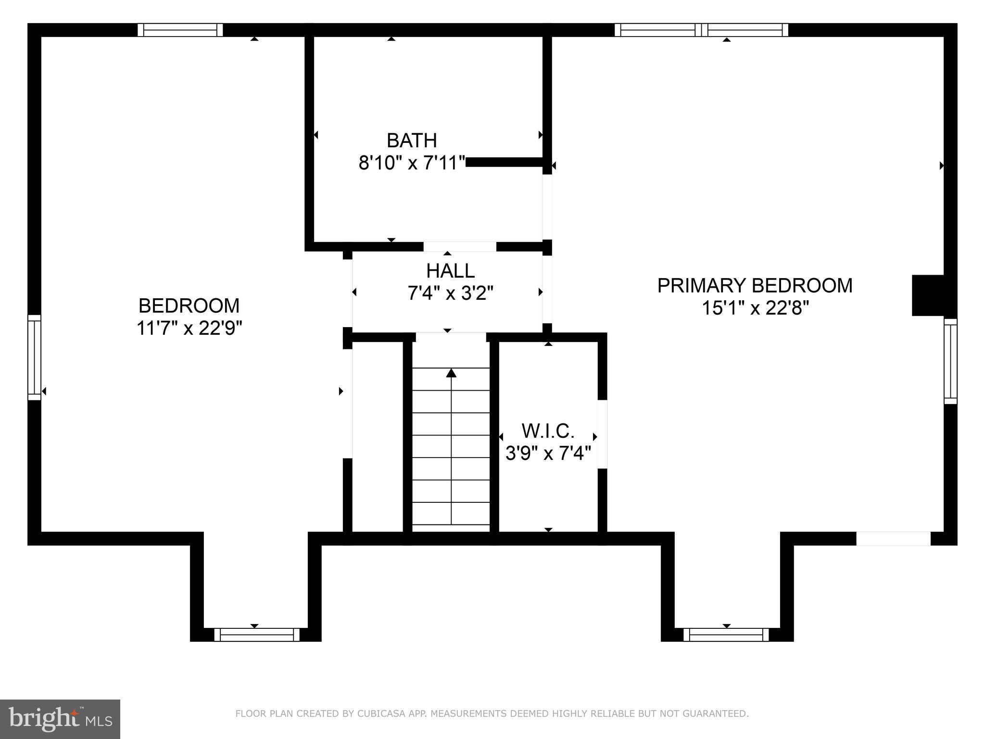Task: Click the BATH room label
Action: pyautogui.click(x=412, y=140)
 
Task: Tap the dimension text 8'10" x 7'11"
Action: pyautogui.click(x=412, y=163)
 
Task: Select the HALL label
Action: pyautogui.click(x=450, y=271)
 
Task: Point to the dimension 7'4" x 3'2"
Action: pyautogui.click(x=450, y=293)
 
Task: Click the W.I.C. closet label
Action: pyautogui.click(x=548, y=431)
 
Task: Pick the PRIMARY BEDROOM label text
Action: pyautogui.click(x=755, y=286)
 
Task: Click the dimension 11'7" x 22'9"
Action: pyautogui.click(x=189, y=329)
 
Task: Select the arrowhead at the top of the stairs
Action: pyautogui.click(x=451, y=373)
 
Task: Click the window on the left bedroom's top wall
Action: pyautogui.click(x=180, y=30)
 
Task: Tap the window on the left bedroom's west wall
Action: pyautogui.click(x=34, y=357)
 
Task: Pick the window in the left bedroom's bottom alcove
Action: pyautogui.click(x=256, y=635)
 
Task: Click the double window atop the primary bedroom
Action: pyautogui.click(x=701, y=30)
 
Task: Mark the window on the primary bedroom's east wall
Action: pyautogui.click(x=950, y=361)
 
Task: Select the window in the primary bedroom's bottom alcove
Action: pyautogui.click(x=726, y=635)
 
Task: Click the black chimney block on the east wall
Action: pyautogui.click(x=928, y=295)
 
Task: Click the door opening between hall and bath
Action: pyautogui.click(x=459, y=247)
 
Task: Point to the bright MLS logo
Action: pyautogui.click(x=60, y=719)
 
